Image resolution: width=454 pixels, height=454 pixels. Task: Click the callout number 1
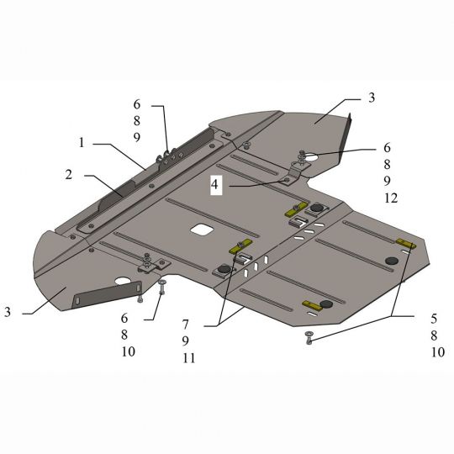point(82,142)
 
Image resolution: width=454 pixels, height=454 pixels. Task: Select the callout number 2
point(69,175)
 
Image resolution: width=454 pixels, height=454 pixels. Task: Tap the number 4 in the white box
point(214,184)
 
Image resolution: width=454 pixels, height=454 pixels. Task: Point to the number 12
point(391,198)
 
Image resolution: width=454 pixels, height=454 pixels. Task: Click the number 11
point(189,358)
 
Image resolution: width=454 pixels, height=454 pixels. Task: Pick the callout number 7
point(185,325)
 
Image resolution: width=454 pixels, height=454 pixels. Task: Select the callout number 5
point(434,319)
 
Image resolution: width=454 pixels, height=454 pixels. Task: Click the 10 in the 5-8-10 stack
point(438,352)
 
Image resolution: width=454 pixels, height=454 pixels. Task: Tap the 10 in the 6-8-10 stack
point(129,351)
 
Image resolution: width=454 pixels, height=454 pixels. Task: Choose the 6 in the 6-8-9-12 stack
point(387,148)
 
